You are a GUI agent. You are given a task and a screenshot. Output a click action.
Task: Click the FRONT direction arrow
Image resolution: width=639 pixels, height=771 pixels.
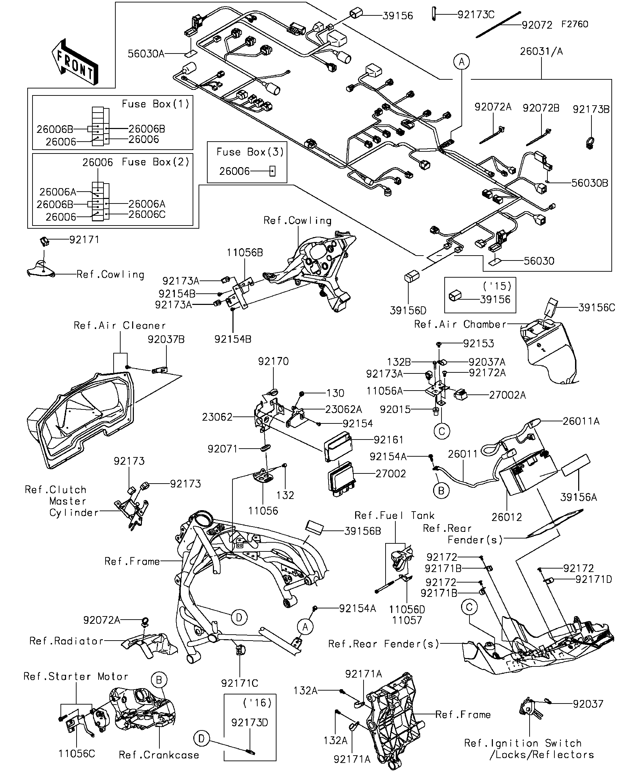tap(75, 62)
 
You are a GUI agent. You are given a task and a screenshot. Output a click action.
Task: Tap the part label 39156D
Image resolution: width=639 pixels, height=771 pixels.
tap(408, 310)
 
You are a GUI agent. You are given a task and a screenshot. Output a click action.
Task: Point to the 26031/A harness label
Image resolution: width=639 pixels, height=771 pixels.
tap(541, 51)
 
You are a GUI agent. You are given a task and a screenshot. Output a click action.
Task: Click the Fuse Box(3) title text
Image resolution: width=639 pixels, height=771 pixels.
tap(250, 152)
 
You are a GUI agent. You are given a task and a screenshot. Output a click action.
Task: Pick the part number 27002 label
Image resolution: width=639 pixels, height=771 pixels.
tap(390, 473)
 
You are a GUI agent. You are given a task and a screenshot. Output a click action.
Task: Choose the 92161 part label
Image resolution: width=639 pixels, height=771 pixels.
tap(389, 440)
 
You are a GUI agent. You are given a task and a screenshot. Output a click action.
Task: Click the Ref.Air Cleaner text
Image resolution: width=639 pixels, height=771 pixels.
tap(120, 326)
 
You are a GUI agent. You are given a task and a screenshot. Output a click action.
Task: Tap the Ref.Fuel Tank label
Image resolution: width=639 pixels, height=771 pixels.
tap(394, 515)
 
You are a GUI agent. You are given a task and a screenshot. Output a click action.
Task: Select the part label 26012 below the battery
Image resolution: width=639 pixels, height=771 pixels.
tap(507, 517)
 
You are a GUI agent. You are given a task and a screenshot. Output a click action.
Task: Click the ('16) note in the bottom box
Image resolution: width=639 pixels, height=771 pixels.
tap(257, 703)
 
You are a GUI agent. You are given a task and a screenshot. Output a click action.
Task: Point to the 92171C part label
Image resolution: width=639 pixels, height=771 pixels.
tap(240, 683)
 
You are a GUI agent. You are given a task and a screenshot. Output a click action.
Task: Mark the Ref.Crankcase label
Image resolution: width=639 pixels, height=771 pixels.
tap(159, 755)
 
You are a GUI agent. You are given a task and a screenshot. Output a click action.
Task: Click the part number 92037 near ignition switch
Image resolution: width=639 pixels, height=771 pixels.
tap(588, 704)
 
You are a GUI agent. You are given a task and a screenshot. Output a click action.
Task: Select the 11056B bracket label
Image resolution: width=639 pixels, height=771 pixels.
tap(245, 252)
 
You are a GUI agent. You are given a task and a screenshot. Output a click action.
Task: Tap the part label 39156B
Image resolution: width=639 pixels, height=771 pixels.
tap(362, 531)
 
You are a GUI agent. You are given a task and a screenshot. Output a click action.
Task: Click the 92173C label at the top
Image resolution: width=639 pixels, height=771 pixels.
tap(476, 15)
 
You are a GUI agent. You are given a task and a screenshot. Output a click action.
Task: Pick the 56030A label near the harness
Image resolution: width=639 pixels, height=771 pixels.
tap(146, 54)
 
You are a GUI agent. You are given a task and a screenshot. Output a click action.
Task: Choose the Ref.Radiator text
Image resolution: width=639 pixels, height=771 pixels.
tap(66, 641)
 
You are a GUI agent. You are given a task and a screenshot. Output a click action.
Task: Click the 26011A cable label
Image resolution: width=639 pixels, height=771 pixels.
tap(581, 421)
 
